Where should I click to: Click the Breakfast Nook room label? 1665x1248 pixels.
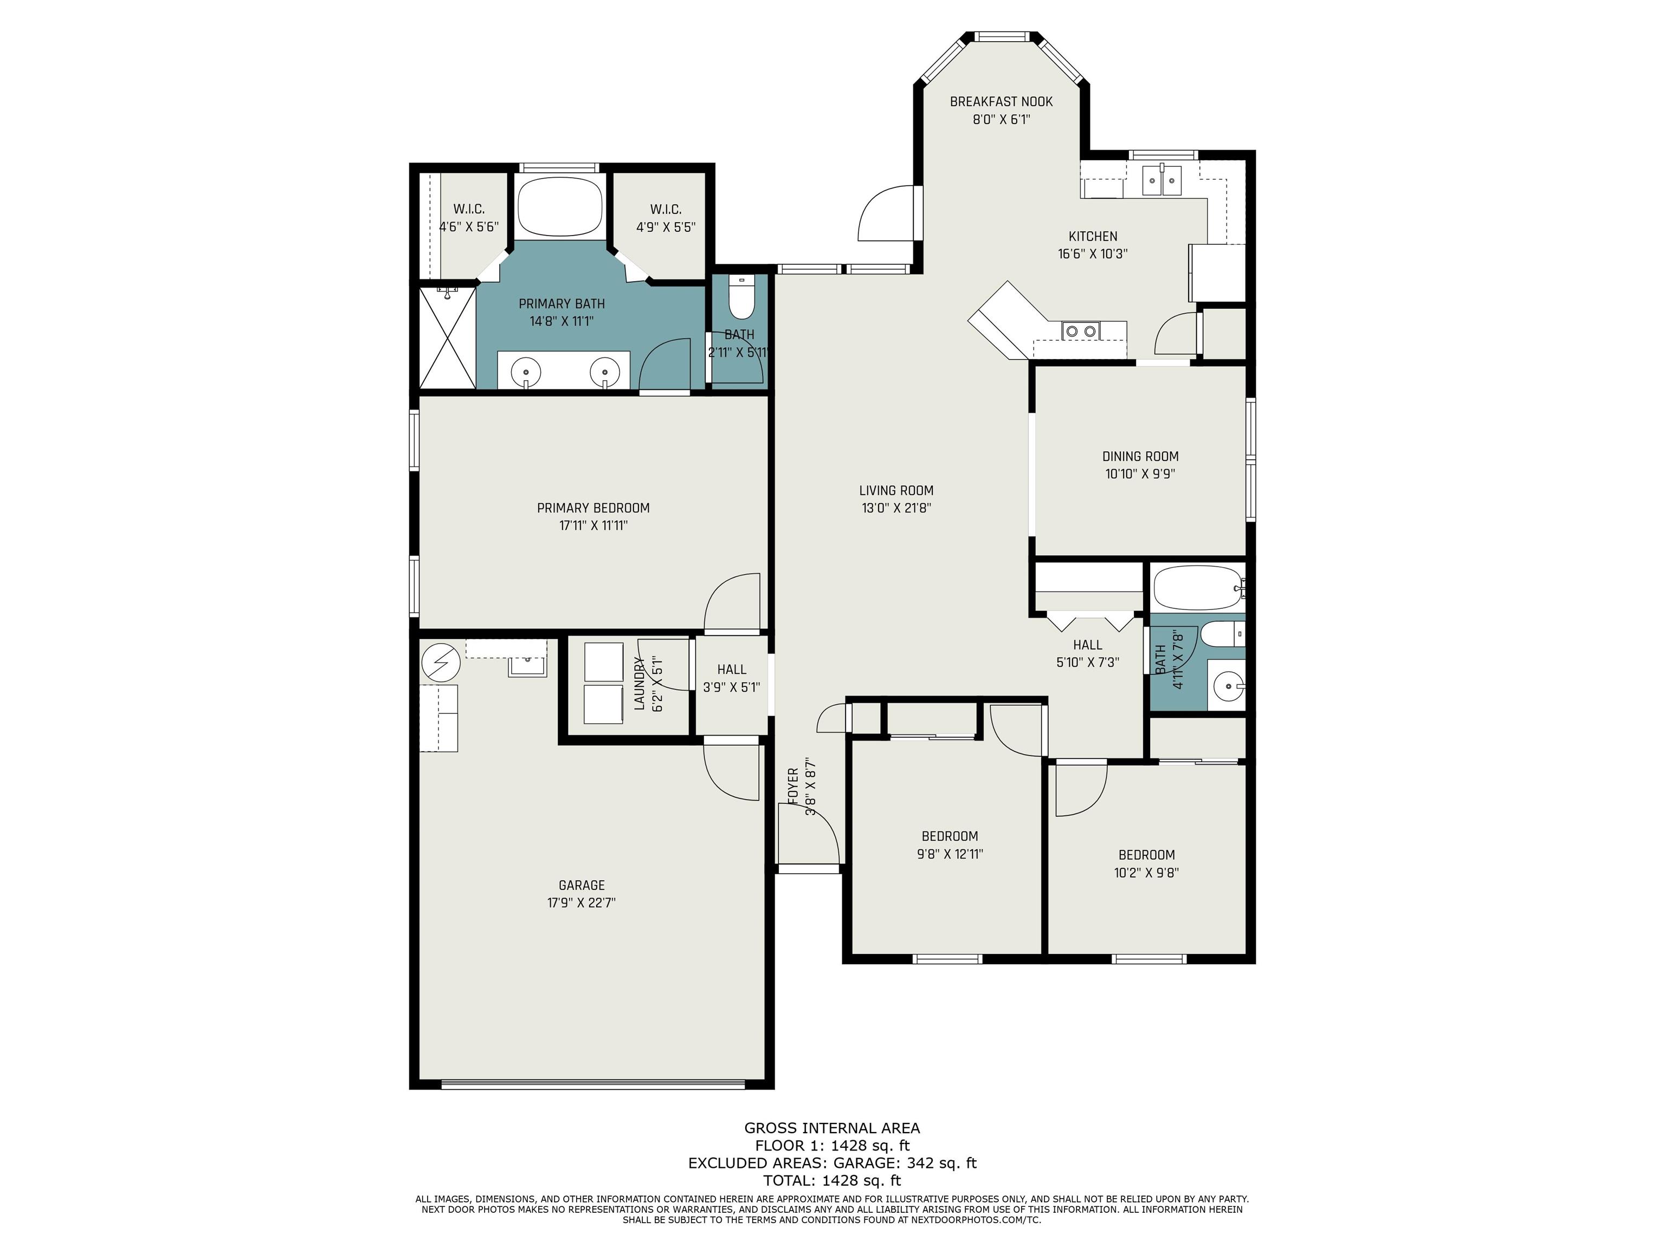1001,101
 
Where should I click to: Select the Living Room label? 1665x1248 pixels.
896,490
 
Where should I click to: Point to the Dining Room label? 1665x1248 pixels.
1140,456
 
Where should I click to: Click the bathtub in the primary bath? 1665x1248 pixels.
561,206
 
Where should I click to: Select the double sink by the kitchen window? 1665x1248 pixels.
1162,180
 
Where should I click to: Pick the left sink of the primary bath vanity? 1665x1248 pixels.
525,371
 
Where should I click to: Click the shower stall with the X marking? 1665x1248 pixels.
447,337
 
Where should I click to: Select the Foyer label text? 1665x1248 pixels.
792,786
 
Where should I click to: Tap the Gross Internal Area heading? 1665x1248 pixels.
832,1128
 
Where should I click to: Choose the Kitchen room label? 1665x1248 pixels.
1093,236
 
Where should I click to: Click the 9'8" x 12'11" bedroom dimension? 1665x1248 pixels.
950,854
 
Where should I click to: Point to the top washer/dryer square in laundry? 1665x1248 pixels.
604,661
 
